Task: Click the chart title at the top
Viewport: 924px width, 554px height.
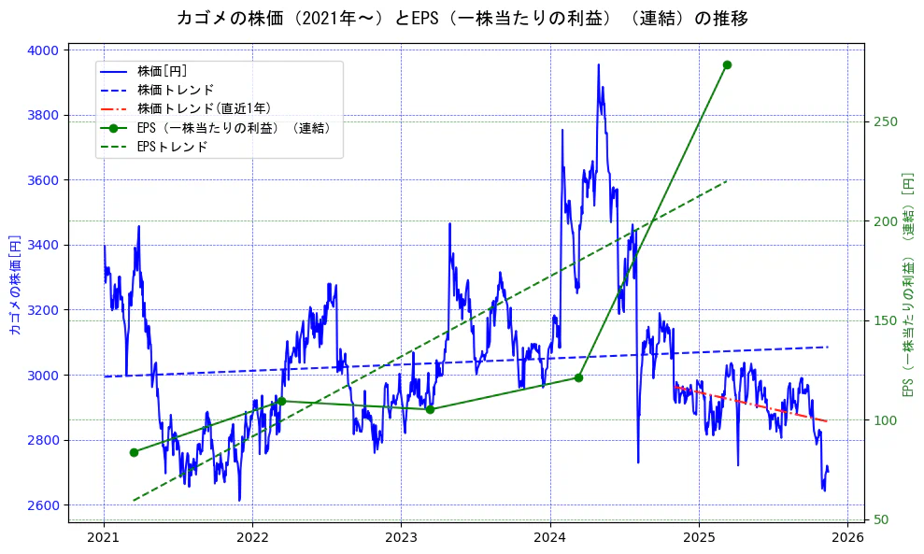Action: [x=462, y=18]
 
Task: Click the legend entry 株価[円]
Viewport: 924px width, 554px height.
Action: [x=163, y=71]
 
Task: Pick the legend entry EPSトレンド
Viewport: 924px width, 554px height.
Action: [x=172, y=147]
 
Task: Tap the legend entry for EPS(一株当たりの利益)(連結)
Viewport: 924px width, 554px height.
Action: [x=234, y=128]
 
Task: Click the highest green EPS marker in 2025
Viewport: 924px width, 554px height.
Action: [x=727, y=64]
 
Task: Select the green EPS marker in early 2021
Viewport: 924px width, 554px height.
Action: [x=134, y=452]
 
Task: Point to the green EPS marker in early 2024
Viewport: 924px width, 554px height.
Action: [x=578, y=377]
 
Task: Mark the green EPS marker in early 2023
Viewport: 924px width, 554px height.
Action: [x=430, y=409]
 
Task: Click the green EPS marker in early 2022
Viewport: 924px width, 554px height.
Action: [x=281, y=401]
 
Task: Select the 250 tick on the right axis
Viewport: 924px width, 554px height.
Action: [x=885, y=122]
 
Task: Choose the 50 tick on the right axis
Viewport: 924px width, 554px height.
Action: [x=881, y=520]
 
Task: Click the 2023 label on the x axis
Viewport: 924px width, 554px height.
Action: [x=401, y=537]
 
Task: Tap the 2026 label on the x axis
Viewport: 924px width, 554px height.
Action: [x=846, y=537]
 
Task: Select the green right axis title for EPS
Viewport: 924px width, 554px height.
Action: [x=906, y=285]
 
